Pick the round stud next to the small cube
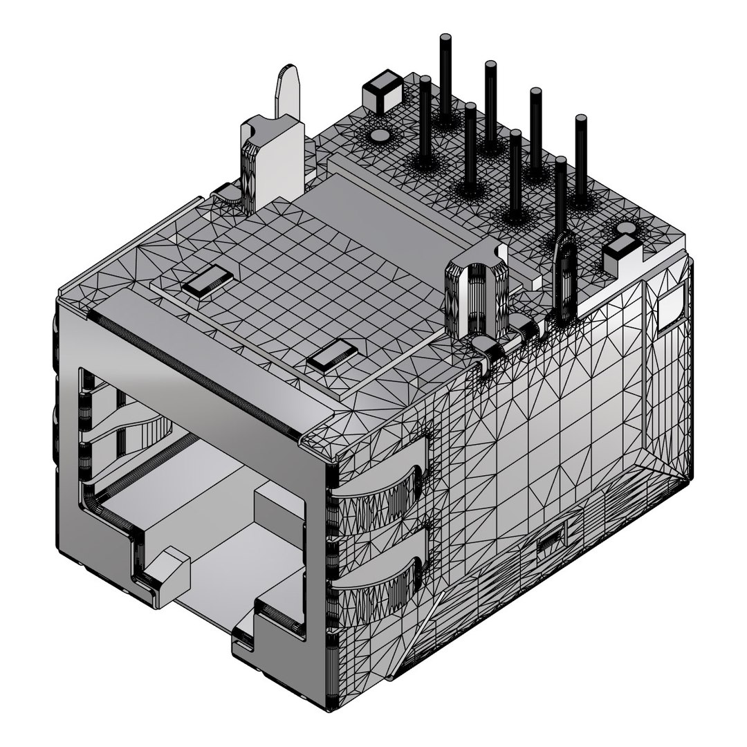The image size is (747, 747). coord(380,136)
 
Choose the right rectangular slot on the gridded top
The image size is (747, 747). coord(333,356)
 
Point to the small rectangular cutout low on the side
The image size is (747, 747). coord(551,538)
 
